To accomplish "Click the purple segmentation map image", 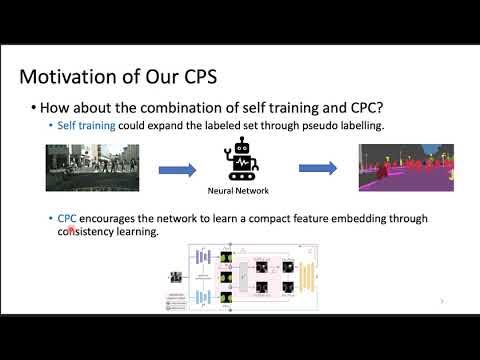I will coord(399,167).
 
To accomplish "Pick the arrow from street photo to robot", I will coord(177,169).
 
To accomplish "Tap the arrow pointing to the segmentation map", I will coord(318,168).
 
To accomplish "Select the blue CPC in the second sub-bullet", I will coord(66,219).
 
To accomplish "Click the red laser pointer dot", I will coord(71,229).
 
